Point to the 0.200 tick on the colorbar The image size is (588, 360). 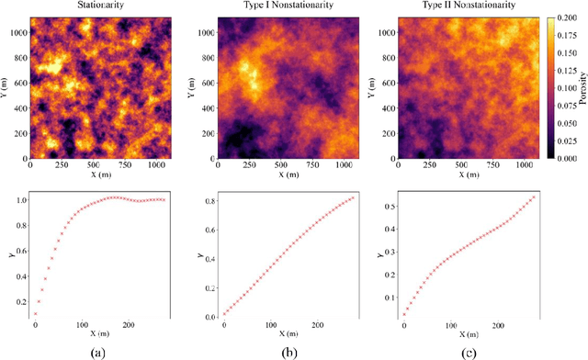[563, 19]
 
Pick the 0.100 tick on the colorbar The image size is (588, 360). [563, 88]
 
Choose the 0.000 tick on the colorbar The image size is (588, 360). [563, 157]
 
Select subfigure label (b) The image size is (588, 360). [267, 350]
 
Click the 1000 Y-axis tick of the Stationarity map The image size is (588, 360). [17, 30]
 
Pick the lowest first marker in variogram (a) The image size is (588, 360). [35, 313]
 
